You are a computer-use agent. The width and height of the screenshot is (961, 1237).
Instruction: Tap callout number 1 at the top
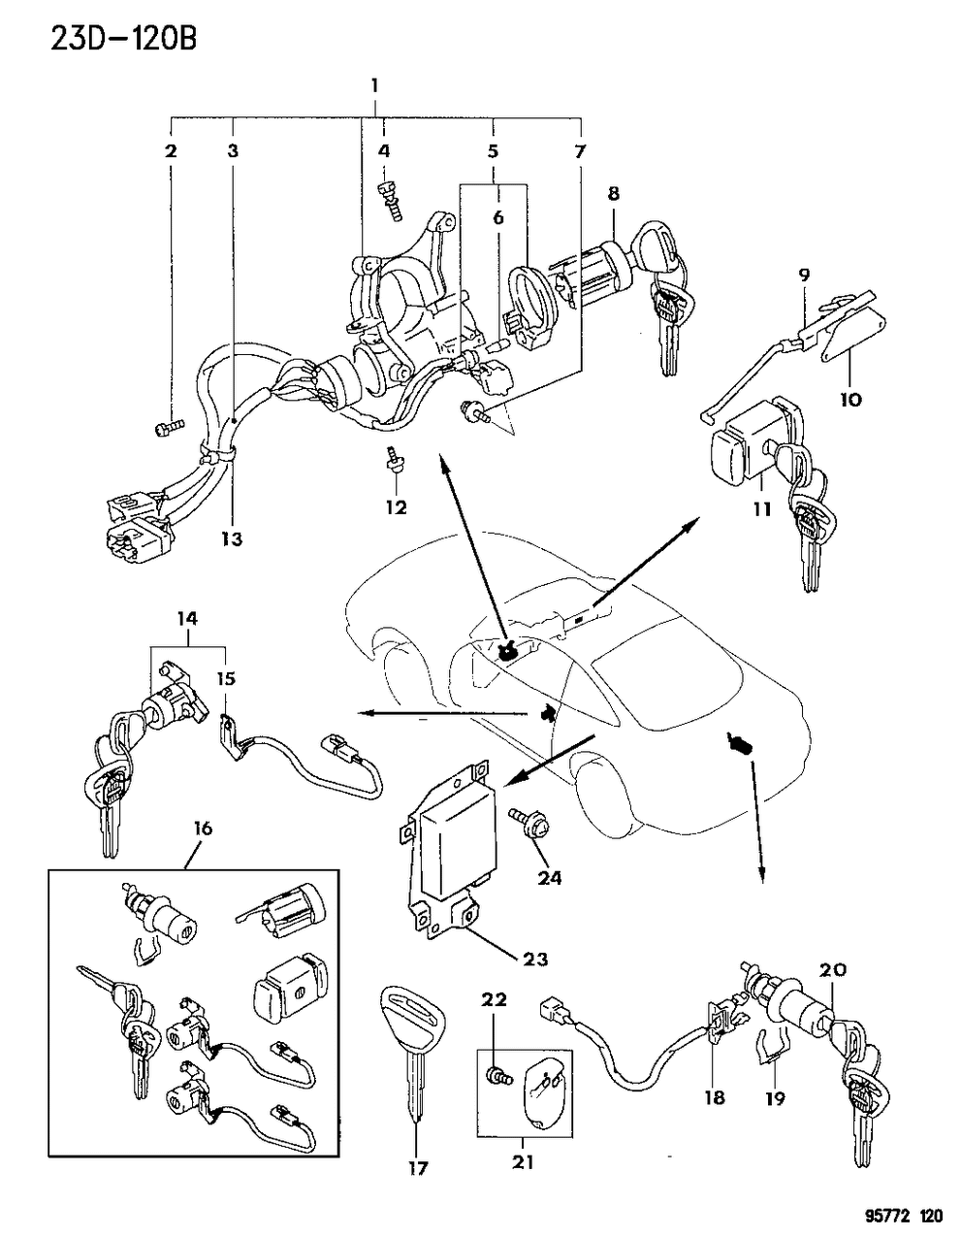coord(373,86)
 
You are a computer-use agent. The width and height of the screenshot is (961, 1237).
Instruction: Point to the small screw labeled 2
coord(167,424)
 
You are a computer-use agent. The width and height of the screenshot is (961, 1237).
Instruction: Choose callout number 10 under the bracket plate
coord(849,398)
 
